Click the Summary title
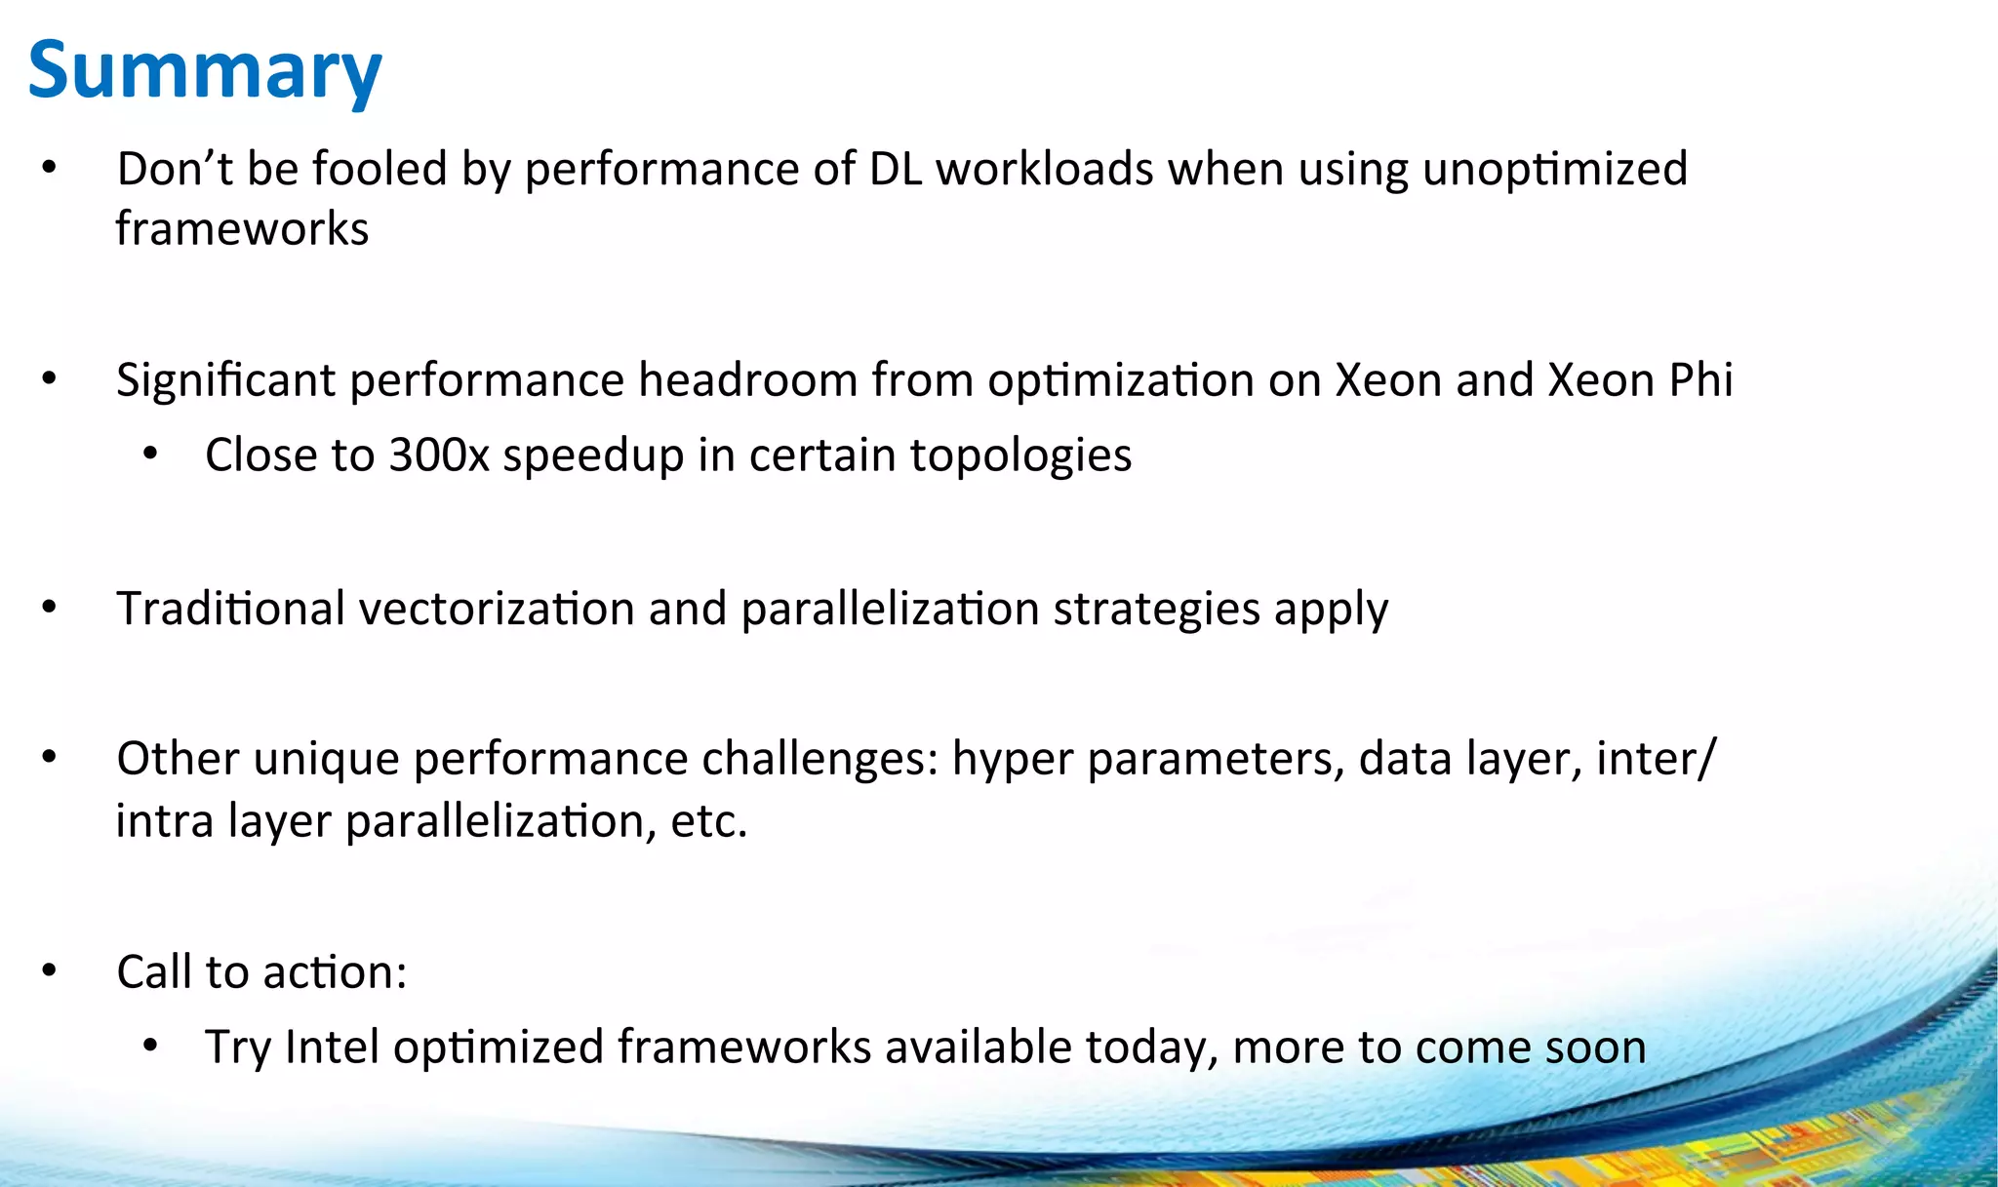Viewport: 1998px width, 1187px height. click(205, 70)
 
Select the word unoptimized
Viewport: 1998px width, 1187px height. click(1555, 169)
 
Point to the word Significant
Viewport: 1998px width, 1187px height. click(225, 379)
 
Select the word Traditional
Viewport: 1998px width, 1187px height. click(230, 609)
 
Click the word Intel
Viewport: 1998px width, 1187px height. click(332, 1048)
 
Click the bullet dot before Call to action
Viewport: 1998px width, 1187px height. click(50, 971)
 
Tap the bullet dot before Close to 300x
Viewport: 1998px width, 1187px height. click(150, 455)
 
